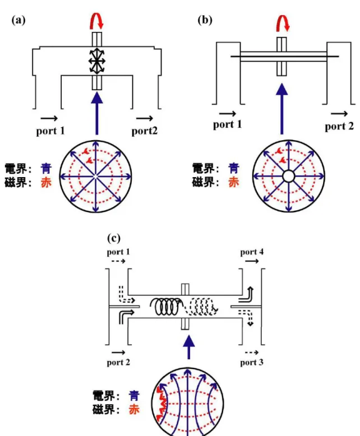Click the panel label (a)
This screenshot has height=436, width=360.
click(19, 20)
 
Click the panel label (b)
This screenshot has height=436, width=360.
click(205, 20)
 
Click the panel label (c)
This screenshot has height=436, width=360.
click(114, 238)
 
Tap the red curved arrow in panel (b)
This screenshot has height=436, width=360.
click(283, 23)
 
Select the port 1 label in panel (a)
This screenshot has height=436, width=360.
click(50, 131)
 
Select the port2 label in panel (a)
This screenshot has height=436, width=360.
click(144, 131)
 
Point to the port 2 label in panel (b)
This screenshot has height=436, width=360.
click(339, 127)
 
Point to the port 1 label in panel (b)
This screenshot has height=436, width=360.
click(227, 124)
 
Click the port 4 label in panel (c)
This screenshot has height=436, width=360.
click(252, 252)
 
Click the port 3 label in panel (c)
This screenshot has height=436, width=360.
click(252, 363)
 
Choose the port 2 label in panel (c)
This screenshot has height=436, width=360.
click(118, 363)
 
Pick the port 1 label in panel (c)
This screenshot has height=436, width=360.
click(118, 252)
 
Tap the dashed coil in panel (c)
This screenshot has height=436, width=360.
click(202, 307)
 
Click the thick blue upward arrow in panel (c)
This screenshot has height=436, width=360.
click(189, 347)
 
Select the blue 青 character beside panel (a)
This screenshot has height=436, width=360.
click(46, 169)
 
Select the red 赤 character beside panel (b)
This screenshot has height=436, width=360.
click(234, 182)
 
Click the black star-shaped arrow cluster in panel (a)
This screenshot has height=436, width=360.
click(97, 61)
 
